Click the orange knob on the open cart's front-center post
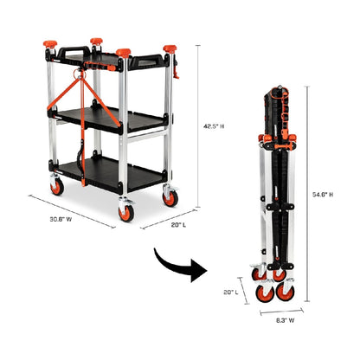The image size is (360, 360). click(123, 54)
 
